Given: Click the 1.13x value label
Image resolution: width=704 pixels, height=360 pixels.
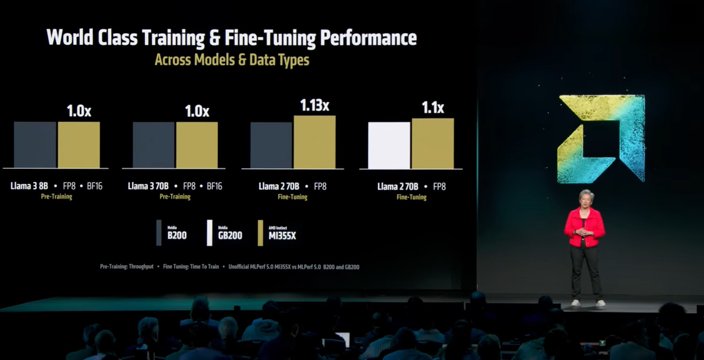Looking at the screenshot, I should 314,105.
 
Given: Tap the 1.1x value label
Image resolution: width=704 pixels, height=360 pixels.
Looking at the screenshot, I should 432,107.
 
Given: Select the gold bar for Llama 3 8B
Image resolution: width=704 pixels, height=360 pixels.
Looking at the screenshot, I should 79,144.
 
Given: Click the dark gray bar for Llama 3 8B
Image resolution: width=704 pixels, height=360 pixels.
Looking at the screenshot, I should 35,144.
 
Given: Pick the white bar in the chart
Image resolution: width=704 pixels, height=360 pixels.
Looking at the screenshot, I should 389,145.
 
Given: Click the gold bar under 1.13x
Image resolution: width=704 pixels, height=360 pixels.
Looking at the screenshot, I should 314,142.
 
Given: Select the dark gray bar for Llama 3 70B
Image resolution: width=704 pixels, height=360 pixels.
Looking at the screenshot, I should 154,144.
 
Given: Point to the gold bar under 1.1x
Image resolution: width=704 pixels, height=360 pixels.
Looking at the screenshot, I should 432,143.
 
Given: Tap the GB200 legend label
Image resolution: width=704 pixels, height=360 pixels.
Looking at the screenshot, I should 230,236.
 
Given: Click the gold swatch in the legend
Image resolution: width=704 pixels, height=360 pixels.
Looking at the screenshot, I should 260,232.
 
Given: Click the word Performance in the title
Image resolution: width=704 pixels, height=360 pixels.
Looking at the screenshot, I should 368,37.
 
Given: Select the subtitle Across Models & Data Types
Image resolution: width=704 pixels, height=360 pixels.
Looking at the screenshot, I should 232,61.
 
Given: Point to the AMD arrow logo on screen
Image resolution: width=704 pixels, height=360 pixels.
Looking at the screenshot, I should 601,139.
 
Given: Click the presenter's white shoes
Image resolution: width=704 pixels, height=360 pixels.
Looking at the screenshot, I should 588,303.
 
